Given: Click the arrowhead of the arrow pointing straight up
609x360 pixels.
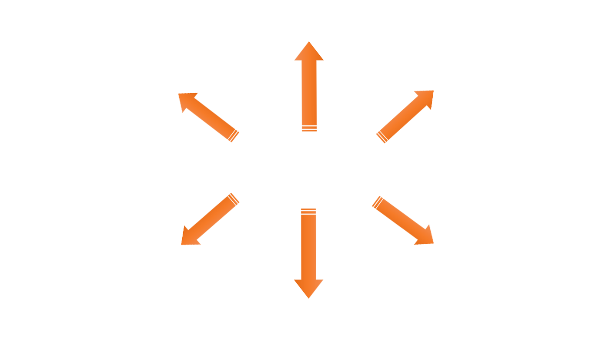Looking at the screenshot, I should pos(309,51).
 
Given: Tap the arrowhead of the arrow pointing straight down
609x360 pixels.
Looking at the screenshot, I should pos(309,289).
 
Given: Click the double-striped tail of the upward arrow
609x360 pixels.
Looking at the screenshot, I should pos(309,128).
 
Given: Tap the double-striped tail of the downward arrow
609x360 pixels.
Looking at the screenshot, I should pos(309,212).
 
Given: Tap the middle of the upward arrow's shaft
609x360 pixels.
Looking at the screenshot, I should pos(309,91).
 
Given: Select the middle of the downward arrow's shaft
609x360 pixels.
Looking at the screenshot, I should pos(309,248).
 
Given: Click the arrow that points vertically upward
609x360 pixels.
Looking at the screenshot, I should pos(309,87).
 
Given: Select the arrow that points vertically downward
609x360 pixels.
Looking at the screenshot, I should pos(309,252).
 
